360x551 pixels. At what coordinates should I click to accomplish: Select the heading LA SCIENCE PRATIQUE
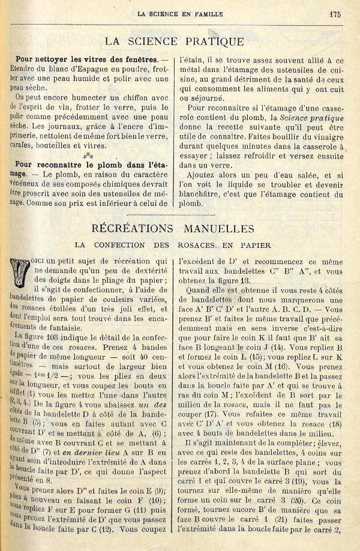[174, 42]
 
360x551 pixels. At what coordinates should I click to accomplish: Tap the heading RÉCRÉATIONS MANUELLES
[174, 229]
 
